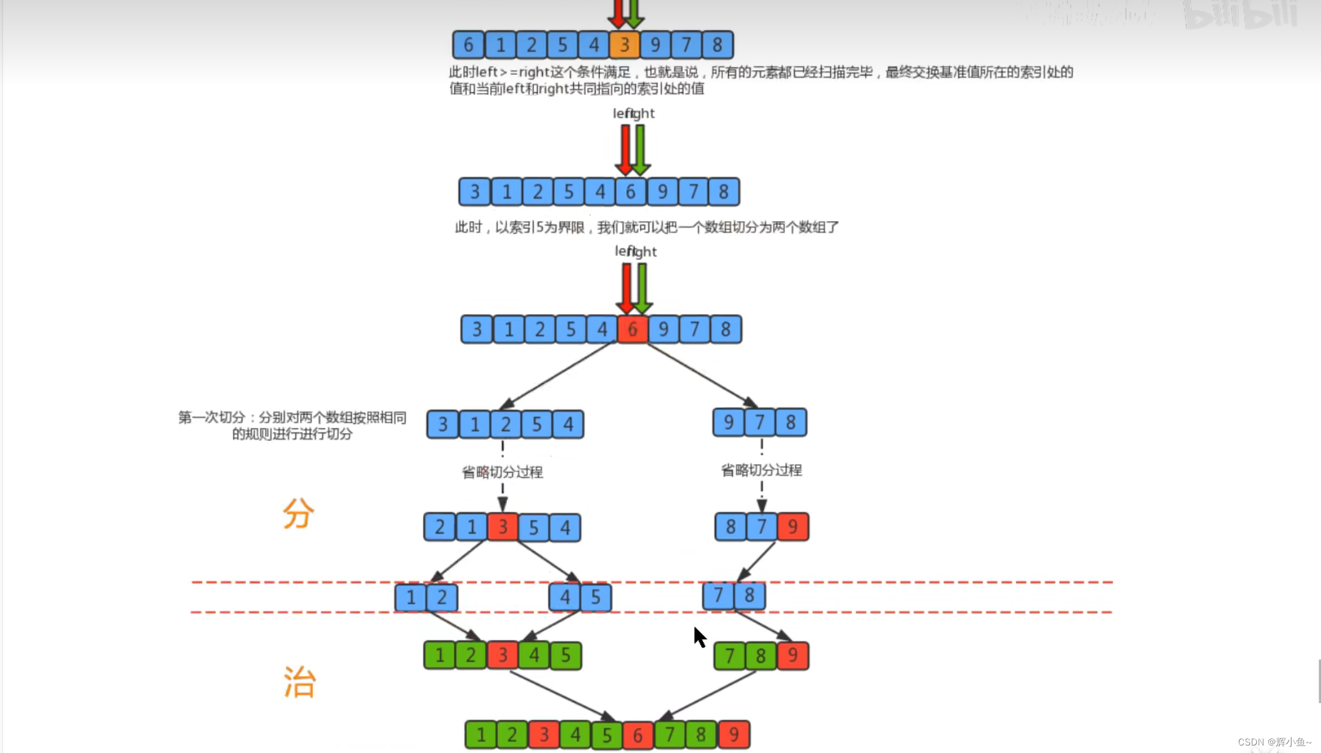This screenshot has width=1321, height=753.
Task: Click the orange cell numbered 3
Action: click(x=624, y=45)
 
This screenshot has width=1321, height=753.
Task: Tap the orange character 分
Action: click(x=298, y=513)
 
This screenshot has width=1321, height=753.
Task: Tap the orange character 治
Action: click(x=299, y=682)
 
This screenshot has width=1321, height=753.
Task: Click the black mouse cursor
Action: click(x=699, y=637)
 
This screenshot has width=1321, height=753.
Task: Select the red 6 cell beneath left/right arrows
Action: click(x=633, y=329)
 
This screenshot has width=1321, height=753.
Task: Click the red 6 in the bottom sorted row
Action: click(x=638, y=735)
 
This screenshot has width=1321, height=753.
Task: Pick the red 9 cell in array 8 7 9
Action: click(x=793, y=526)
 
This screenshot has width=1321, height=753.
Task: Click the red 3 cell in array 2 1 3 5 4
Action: click(x=503, y=527)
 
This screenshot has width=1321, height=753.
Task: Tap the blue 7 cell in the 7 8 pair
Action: click(x=718, y=595)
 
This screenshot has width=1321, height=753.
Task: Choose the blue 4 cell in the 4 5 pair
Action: click(x=565, y=597)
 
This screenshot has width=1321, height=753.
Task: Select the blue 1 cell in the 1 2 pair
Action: click(x=410, y=597)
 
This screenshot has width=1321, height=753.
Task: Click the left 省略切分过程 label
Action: click(x=502, y=472)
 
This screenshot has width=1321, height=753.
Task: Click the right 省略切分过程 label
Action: click(x=761, y=470)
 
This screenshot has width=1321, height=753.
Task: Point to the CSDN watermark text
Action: click(x=1274, y=742)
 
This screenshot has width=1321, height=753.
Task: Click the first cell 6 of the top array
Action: click(x=468, y=45)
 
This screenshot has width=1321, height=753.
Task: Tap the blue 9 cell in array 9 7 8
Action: click(x=729, y=422)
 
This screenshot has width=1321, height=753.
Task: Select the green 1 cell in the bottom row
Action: click(x=481, y=734)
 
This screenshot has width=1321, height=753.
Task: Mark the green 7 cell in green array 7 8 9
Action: click(x=729, y=656)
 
